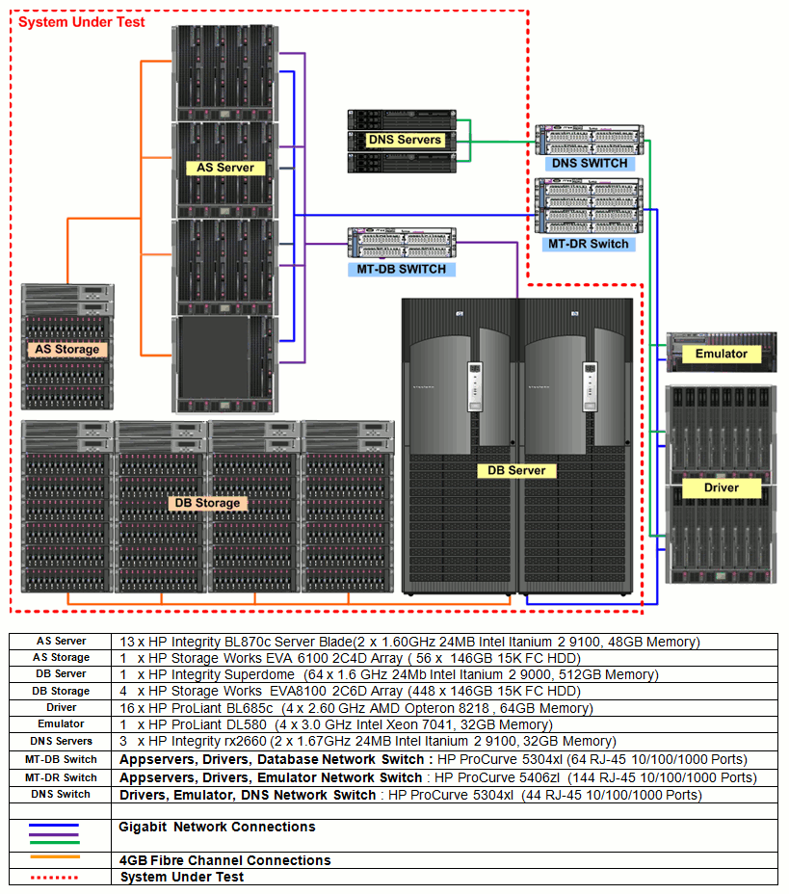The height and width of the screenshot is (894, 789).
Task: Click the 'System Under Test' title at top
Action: tap(82, 21)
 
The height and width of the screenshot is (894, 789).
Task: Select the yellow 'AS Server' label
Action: tap(225, 168)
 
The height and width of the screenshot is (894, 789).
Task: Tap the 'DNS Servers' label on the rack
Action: tap(405, 140)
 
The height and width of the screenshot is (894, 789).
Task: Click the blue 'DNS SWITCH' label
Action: tap(590, 164)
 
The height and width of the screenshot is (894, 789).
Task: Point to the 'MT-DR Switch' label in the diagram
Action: tap(588, 244)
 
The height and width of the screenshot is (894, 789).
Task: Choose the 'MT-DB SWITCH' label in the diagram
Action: tap(402, 269)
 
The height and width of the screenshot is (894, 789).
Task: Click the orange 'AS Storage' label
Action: tap(67, 350)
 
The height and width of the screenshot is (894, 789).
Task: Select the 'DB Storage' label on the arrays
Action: tap(205, 503)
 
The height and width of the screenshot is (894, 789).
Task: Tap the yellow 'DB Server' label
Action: tap(516, 471)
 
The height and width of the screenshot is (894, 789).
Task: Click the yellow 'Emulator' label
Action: tap(721, 355)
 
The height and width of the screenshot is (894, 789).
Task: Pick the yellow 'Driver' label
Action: tap(721, 488)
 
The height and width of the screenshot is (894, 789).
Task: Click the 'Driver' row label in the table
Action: tap(61, 708)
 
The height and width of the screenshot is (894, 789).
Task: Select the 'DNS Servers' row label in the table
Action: tap(61, 742)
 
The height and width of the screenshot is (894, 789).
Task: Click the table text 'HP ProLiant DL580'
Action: tap(209, 724)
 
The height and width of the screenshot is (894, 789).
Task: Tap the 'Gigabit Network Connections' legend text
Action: tap(217, 828)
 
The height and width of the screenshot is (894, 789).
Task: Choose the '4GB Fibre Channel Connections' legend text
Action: tap(224, 860)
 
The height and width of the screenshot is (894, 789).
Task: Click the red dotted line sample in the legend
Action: tap(53, 878)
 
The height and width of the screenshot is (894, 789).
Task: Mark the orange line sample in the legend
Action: tap(53, 856)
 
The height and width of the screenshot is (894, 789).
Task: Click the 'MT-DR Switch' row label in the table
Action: tap(61, 777)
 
